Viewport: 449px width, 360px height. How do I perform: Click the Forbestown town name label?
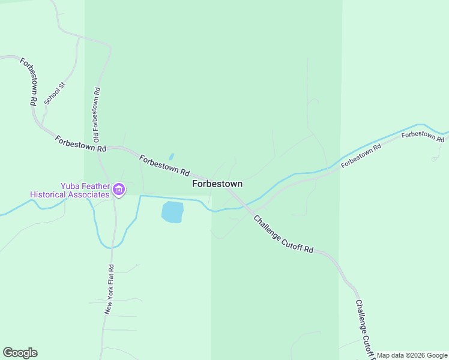click(217, 184)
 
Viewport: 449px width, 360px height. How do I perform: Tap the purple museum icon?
click(119, 191)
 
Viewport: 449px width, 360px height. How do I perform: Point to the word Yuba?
click(70, 186)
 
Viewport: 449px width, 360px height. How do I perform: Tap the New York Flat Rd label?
click(109, 289)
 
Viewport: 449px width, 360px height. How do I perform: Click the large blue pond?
click(172, 212)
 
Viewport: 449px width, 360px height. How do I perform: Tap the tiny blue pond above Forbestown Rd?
click(172, 156)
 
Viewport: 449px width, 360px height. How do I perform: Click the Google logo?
click(20, 353)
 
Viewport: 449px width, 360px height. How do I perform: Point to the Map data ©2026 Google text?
click(412, 355)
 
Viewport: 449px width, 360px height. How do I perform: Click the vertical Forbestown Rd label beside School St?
click(29, 82)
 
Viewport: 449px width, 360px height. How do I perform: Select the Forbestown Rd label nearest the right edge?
click(423, 136)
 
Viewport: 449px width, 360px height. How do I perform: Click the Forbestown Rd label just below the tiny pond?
click(164, 166)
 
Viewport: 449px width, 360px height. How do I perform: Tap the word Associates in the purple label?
click(89, 194)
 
